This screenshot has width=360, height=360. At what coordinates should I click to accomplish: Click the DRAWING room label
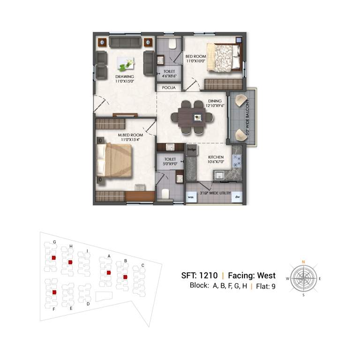125,76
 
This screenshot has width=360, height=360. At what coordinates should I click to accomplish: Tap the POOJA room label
169,88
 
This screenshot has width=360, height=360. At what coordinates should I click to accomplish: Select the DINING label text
209,100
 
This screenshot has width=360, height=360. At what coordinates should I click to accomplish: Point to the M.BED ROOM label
124,134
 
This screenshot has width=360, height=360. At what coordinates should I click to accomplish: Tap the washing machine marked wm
191,197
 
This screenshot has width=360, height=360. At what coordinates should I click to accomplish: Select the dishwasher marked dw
238,197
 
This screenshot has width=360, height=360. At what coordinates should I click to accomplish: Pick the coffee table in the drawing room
126,62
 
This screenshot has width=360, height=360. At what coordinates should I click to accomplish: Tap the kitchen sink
219,175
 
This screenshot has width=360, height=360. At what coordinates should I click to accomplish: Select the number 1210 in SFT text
209,276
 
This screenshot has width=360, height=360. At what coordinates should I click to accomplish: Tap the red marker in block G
54,257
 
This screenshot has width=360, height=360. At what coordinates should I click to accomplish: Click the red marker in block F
54,292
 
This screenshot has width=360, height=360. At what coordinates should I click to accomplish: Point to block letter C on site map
142,265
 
